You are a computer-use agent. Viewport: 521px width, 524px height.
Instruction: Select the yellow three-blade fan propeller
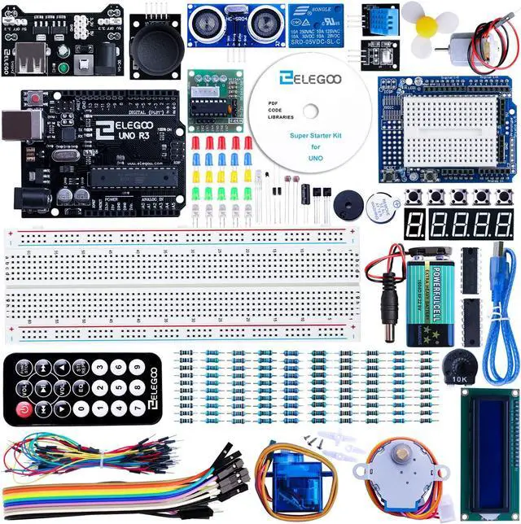[427, 24]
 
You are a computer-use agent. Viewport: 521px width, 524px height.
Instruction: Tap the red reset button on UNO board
[37, 98]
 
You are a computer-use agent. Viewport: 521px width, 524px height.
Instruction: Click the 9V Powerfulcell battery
[428, 296]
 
